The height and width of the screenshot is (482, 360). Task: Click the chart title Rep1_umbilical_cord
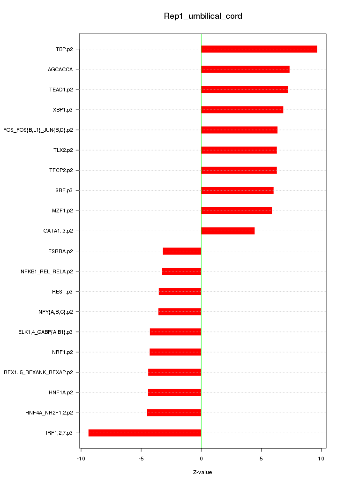coord(202,16)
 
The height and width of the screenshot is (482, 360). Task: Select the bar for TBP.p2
coord(259,49)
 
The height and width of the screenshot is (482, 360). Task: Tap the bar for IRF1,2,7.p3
coord(145,433)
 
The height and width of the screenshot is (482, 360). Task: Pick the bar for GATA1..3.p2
coord(228,231)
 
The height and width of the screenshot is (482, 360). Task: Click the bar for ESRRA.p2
coord(182,251)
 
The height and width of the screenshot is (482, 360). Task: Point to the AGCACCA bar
coord(245,69)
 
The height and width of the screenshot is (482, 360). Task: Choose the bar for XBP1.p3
coord(242,110)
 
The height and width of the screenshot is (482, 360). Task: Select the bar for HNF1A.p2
coord(174,392)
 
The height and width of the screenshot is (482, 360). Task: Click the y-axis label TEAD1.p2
coord(64,90)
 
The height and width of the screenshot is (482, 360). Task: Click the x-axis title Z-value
coord(202,472)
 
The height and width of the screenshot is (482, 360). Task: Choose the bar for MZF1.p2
coord(236,211)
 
